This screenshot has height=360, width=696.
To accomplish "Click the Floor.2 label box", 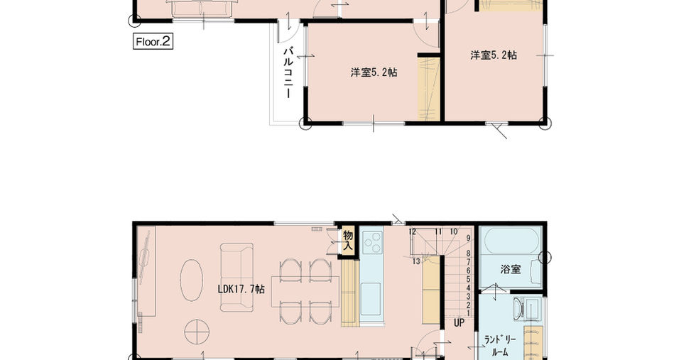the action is (x=153, y=42).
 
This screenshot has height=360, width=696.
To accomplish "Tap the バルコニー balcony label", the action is (x=288, y=72).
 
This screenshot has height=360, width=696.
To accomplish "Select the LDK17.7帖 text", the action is (x=241, y=289).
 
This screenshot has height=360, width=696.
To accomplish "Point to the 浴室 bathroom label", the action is (x=511, y=269).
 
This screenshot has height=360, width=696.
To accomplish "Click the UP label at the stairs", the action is (x=459, y=323).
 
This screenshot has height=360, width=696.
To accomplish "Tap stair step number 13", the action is (x=416, y=261).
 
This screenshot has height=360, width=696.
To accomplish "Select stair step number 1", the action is (x=469, y=313).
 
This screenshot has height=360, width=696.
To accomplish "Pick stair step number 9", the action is (x=469, y=238).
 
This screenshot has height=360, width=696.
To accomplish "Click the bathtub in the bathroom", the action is (x=511, y=241).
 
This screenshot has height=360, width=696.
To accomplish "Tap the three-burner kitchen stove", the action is (x=372, y=244).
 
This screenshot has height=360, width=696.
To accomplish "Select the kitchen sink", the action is (x=370, y=299).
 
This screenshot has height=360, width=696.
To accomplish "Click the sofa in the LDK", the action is (x=236, y=277).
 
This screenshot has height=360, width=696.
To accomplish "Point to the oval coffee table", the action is (x=191, y=280).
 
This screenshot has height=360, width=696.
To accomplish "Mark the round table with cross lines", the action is (x=197, y=332).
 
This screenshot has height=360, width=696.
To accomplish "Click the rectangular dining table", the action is (x=305, y=291).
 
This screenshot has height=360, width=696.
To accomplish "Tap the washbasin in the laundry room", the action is (x=518, y=308).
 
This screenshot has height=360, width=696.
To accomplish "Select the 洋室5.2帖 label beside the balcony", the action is (x=374, y=72).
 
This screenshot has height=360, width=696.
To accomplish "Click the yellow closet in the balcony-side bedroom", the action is (x=429, y=88).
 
